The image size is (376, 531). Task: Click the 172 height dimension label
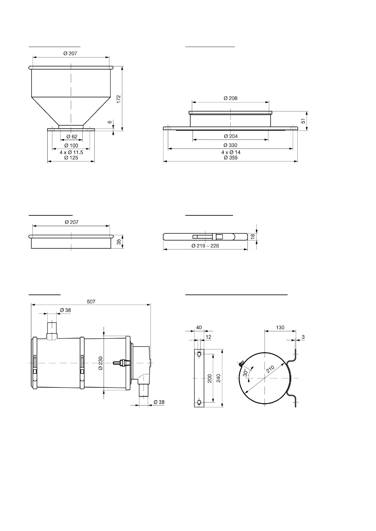coord(119,99)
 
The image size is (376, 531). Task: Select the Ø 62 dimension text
coord(72,137)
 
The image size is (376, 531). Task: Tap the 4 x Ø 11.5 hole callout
coord(71,152)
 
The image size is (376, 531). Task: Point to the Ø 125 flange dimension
coord(71,158)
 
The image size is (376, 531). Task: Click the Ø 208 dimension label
coord(230,98)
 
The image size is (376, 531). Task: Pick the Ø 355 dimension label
coord(231,158)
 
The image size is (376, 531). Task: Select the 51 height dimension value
coord(303,121)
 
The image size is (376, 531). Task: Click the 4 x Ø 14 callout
coord(231,152)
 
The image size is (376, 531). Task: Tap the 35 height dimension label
coord(119,242)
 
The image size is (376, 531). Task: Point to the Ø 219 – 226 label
coord(205,246)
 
